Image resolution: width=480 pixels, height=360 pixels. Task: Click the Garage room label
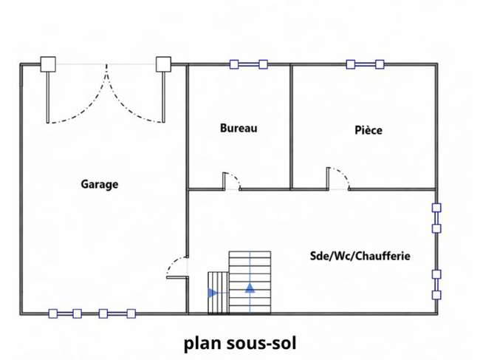[x=100, y=184]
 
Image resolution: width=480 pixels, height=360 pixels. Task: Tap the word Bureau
[x=239, y=128]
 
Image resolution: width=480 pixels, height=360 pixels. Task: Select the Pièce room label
[x=368, y=130]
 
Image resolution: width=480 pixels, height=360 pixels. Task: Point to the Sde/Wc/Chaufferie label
[x=360, y=256]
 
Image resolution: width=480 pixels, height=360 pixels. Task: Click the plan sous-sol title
[x=240, y=343]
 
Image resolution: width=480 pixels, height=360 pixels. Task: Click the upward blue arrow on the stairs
[x=250, y=288]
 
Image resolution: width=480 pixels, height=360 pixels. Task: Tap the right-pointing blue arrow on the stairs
[x=213, y=293]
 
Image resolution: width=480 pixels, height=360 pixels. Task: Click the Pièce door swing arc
[x=343, y=174]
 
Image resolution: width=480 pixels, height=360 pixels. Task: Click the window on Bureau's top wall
[x=249, y=64]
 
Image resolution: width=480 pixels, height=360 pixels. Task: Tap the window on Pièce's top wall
[x=365, y=64]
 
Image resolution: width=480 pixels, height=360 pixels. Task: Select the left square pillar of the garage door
[x=48, y=64]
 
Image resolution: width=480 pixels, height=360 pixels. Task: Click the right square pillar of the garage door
[x=163, y=64]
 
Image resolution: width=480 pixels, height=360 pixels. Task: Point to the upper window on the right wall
[x=436, y=218]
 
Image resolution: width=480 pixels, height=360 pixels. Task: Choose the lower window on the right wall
[x=436, y=285]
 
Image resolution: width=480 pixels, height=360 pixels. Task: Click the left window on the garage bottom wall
[x=65, y=313]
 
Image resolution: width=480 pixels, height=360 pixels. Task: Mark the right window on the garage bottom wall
[x=117, y=313]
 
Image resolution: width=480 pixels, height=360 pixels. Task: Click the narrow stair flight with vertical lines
[x=219, y=293]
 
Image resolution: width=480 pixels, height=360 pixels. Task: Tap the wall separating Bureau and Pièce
[x=292, y=127]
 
